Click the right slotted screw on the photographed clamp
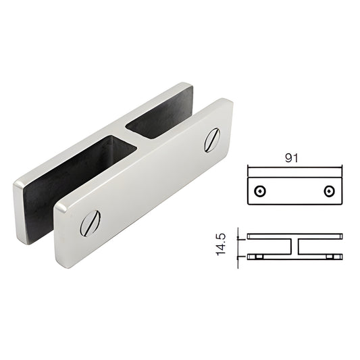pyautogui.click(x=212, y=140)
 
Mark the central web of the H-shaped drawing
pyautogui.click(x=294, y=247)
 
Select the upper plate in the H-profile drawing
pyautogui.click(x=294, y=236)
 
